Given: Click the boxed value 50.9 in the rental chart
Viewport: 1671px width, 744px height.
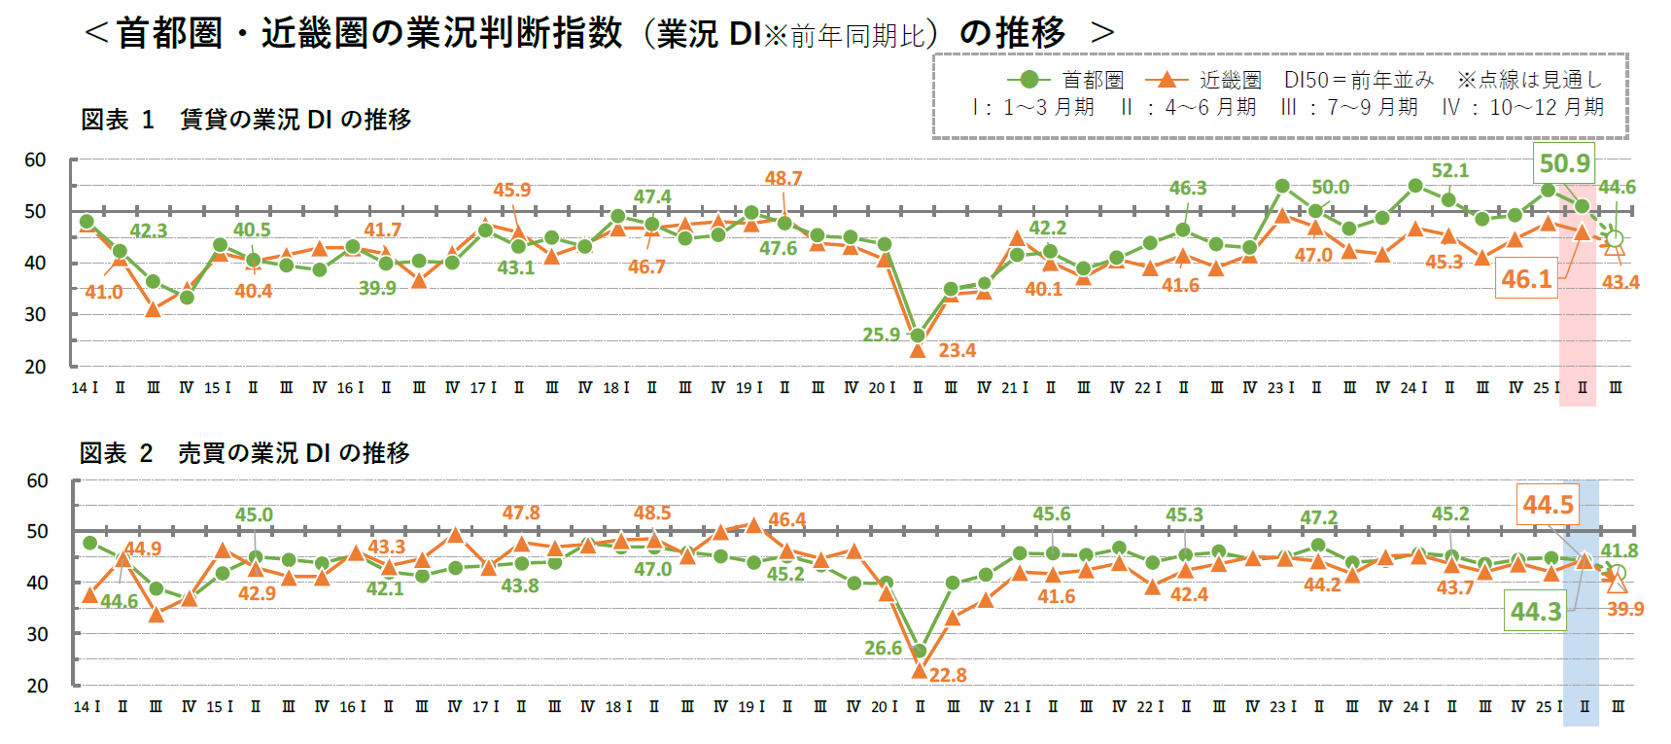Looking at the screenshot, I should pos(1564,163).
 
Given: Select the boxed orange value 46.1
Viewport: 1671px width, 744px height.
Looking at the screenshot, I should pos(1526,278).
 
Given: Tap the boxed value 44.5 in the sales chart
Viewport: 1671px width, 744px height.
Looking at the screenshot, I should pos(1548,505).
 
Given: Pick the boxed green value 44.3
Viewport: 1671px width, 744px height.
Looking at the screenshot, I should pos(1535,612).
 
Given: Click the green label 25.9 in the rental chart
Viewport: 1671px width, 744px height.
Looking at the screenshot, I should pos(881,335).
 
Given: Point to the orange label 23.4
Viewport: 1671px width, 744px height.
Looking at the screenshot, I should pos(957,350).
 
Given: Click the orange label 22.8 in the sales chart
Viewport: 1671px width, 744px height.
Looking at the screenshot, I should pos(948,675).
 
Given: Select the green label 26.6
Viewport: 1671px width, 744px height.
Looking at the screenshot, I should pos(883,648).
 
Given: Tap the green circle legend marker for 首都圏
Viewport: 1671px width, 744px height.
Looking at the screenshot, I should pos(1028,80).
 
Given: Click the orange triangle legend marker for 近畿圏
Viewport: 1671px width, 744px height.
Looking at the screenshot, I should pos(1166,80).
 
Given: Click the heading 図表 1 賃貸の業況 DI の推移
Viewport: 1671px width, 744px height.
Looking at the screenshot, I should pos(246,120).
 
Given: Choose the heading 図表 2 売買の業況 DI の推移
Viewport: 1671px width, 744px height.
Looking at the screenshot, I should pos(244,453).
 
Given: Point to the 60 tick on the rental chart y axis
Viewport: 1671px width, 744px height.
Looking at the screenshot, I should pos(35,159).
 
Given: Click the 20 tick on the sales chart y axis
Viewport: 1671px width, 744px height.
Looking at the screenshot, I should pos(37,686).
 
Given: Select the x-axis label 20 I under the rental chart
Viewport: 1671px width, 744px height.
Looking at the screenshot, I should pos(882,388).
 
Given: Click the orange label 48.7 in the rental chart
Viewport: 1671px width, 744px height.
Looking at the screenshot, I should pos(783,178).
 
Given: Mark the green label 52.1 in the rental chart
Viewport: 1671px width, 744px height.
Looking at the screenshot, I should pos(1449,170).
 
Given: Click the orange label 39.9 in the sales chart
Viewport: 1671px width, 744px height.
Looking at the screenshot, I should pos(1624,609).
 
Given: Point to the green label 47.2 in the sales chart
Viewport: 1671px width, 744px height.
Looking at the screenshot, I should pos(1318,517).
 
